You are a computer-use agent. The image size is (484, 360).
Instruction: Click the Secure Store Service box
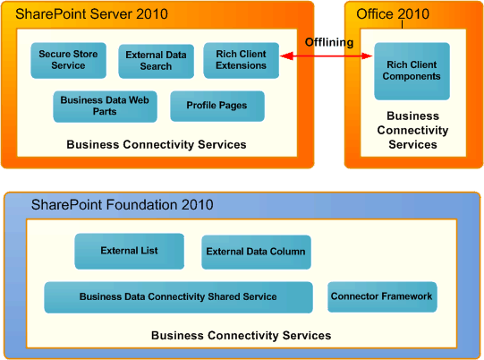pyautogui.click(x=68, y=60)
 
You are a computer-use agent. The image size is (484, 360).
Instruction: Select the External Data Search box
pyautogui.click(x=156, y=61)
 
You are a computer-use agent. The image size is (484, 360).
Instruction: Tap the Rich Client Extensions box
pyautogui.click(x=241, y=60)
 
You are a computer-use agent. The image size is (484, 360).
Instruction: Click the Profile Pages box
pyautogui.click(x=217, y=107)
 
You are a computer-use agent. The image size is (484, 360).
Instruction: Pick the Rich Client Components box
pyautogui.click(x=412, y=71)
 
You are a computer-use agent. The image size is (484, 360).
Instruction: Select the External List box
pyautogui.click(x=129, y=252)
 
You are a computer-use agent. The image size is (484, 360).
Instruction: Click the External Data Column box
pyautogui.click(x=256, y=253)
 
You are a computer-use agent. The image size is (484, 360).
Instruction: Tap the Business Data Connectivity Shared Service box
pyautogui.click(x=178, y=297)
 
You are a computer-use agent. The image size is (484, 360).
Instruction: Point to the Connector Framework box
pyautogui.click(x=382, y=297)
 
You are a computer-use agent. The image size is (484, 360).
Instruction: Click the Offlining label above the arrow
pyautogui.click(x=328, y=42)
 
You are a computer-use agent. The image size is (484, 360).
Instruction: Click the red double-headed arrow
pyautogui.click(x=327, y=56)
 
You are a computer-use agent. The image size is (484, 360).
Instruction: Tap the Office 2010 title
pyautogui.click(x=393, y=14)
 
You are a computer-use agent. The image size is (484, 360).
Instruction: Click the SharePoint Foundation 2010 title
pyautogui.click(x=122, y=205)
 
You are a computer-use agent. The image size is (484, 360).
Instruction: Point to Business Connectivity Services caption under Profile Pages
pyautogui.click(x=157, y=144)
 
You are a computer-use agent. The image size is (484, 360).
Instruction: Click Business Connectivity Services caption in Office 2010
pyautogui.click(x=412, y=130)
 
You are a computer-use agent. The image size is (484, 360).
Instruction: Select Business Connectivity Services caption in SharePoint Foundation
pyautogui.click(x=241, y=336)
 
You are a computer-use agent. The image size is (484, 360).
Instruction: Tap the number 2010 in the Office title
pyautogui.click(x=412, y=14)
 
